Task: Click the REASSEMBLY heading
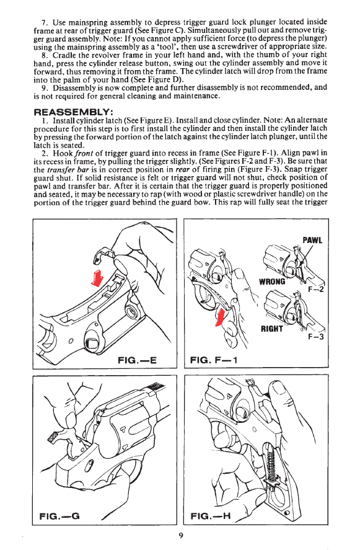(73, 112)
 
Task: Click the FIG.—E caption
(137, 360)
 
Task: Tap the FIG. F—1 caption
(214, 360)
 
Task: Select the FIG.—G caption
(59, 516)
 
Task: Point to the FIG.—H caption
(211, 516)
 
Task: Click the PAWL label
(312, 240)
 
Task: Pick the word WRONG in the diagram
(272, 282)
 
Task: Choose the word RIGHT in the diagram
(271, 329)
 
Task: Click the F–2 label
(316, 290)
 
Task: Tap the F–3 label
(316, 337)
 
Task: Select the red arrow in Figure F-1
(220, 317)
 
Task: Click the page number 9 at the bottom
(180, 535)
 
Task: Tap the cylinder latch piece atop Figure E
(104, 254)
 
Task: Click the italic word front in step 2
(84, 153)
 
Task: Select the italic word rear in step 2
(182, 169)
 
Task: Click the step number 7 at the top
(44, 22)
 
